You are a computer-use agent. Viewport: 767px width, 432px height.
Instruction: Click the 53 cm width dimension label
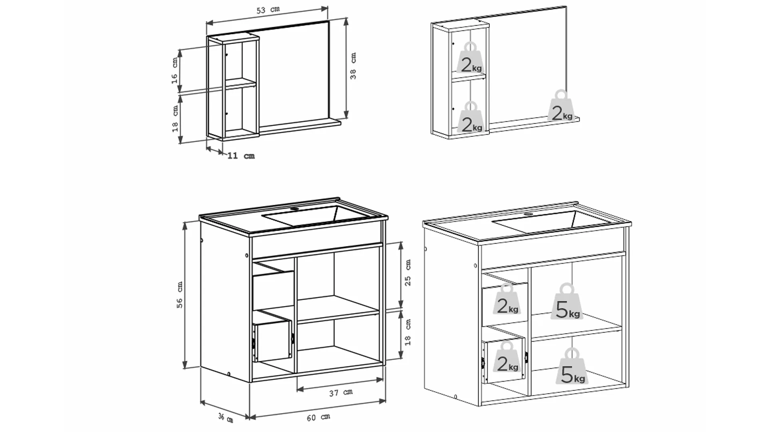[x=268, y=10]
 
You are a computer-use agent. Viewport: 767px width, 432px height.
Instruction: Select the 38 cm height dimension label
[x=353, y=66]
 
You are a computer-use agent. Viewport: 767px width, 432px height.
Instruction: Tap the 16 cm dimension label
[x=175, y=70]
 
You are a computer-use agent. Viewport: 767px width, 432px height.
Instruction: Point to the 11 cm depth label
[x=241, y=156]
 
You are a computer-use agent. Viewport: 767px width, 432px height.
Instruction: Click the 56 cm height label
[x=180, y=295]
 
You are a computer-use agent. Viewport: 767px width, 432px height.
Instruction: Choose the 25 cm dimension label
[x=408, y=272]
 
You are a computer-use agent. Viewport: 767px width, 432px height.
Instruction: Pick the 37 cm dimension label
[x=341, y=393]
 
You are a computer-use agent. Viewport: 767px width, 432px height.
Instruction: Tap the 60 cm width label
[x=318, y=417]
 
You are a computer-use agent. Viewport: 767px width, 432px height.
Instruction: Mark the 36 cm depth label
[x=226, y=418]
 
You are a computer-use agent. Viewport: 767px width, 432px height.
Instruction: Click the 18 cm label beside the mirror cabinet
[x=175, y=119]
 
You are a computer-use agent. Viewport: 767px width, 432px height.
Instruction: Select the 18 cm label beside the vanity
[x=408, y=332]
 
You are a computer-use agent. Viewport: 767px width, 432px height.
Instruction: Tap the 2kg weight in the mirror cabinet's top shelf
[x=471, y=58]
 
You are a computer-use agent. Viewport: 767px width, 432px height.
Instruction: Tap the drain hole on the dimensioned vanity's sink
[x=295, y=209]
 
